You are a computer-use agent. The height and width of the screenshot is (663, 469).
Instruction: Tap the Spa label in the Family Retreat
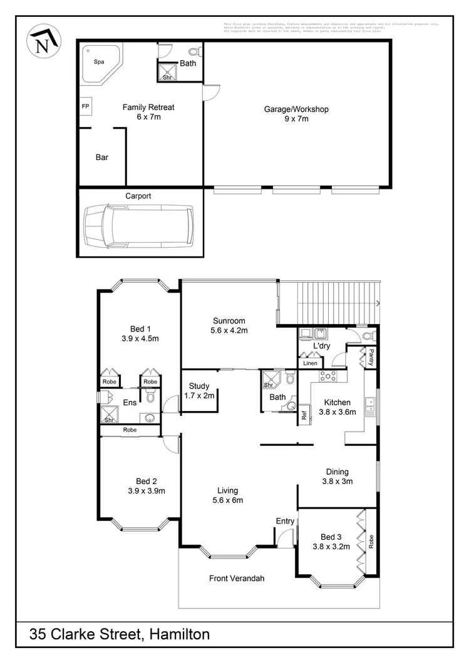click(99, 62)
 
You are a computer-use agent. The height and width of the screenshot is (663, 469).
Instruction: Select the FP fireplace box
click(85, 107)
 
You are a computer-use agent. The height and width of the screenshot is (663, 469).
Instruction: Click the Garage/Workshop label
click(296, 109)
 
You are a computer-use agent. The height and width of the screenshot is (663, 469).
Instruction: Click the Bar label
click(102, 158)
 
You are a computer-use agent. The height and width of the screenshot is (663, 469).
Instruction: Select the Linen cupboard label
click(310, 363)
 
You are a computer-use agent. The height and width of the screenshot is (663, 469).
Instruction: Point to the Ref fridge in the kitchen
click(304, 414)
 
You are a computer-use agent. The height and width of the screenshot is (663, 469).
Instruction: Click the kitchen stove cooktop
click(329, 376)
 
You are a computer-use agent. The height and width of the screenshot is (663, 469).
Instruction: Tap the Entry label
click(285, 521)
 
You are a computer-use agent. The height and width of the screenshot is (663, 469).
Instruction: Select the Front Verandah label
click(237, 579)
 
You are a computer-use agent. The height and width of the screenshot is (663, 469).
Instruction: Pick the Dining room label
click(337, 472)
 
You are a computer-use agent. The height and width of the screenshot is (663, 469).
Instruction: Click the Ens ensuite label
click(130, 402)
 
